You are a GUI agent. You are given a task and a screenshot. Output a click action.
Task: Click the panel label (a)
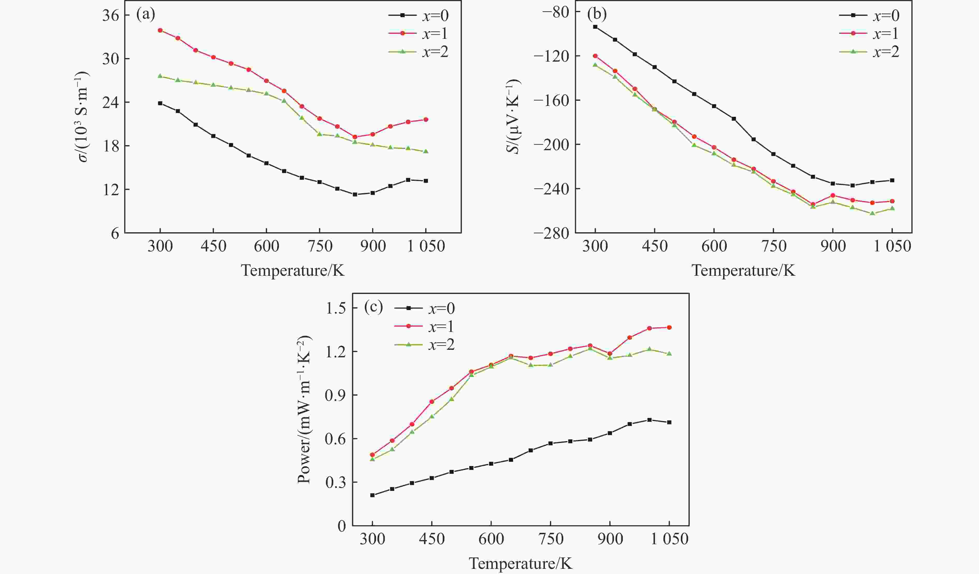(x=145, y=15)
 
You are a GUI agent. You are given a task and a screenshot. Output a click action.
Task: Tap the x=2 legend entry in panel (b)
(x=869, y=52)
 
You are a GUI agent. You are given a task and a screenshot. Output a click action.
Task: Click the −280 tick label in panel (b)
(x=551, y=233)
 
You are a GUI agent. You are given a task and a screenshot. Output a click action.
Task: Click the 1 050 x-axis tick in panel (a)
(x=426, y=246)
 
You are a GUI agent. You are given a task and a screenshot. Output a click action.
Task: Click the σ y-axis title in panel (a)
(x=83, y=117)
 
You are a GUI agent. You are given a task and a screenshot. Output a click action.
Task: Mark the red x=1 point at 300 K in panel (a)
(x=160, y=30)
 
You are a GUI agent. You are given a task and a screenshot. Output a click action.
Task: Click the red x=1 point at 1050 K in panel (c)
(x=669, y=327)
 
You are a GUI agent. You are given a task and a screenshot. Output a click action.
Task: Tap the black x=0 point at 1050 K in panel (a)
(x=426, y=181)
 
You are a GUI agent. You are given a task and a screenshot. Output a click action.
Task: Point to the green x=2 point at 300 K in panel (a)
(x=160, y=76)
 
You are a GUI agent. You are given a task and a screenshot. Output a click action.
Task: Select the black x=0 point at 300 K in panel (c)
(x=372, y=495)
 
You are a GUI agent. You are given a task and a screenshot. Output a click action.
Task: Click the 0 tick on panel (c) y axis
(x=341, y=526)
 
